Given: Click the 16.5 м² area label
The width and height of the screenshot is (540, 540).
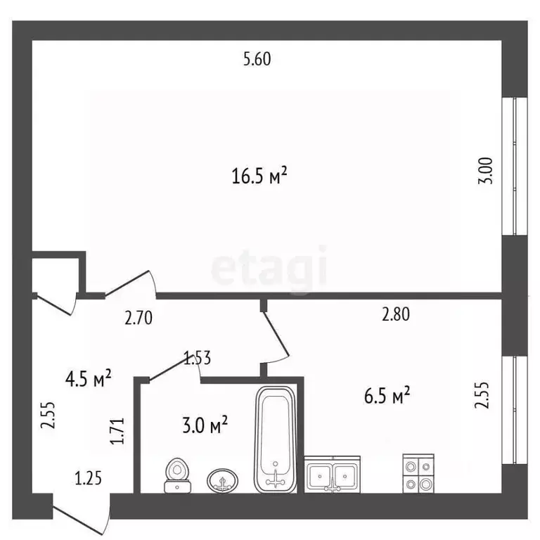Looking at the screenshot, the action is point(259,176).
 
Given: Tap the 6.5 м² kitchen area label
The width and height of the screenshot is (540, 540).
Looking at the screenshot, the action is point(387,395).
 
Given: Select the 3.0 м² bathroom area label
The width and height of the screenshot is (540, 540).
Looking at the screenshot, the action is point(205,425).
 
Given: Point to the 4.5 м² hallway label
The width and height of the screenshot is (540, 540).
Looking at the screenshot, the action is point(89,378).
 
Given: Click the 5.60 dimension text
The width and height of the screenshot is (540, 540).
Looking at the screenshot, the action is point(257,59).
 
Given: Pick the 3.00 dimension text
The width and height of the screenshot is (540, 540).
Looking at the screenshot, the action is point(486,171).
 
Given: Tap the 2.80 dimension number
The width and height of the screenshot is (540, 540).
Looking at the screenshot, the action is point(396,314).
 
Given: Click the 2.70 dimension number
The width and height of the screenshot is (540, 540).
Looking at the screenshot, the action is point(139,318).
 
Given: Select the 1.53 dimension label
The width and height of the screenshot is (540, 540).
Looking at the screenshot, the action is point(198,358).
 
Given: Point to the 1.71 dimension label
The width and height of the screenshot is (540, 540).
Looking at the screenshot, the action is point(117,431).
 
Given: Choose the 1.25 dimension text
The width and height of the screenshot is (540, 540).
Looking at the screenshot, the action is point(89,478).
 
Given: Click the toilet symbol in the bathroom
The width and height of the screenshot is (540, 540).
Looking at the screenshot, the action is point(178,475).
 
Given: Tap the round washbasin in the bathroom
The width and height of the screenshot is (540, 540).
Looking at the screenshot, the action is point(222,480).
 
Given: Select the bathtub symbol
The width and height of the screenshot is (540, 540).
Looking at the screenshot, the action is point(275,439).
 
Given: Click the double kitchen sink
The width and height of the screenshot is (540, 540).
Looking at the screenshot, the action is point(333,475).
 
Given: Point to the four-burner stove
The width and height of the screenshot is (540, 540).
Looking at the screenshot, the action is point(418,473).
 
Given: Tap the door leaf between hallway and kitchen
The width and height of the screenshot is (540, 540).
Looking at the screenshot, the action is point(276,334).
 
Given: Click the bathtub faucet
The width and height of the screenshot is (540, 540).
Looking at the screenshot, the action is point(276,477).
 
